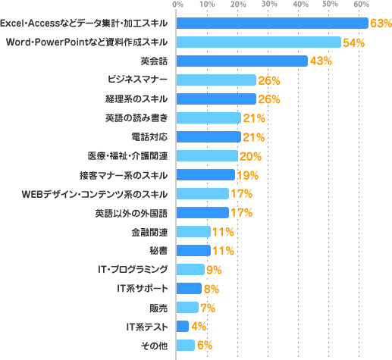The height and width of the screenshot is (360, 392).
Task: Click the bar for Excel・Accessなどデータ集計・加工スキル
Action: [271, 23]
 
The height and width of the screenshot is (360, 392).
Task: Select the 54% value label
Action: [354, 42]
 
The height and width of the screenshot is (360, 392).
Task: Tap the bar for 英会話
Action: [241, 61]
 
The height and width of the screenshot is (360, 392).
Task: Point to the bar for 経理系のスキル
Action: [215, 99]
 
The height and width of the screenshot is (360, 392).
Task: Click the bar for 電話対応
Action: [208, 136]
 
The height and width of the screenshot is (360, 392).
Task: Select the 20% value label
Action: [251, 156]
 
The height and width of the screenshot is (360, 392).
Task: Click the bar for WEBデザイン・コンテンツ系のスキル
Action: [202, 193]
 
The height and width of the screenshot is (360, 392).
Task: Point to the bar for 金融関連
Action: [193, 231]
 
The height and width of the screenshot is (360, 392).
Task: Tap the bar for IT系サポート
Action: [188, 288]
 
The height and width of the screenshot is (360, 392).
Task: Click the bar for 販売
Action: [187, 307]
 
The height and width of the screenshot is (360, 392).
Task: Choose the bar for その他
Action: [185, 345]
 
